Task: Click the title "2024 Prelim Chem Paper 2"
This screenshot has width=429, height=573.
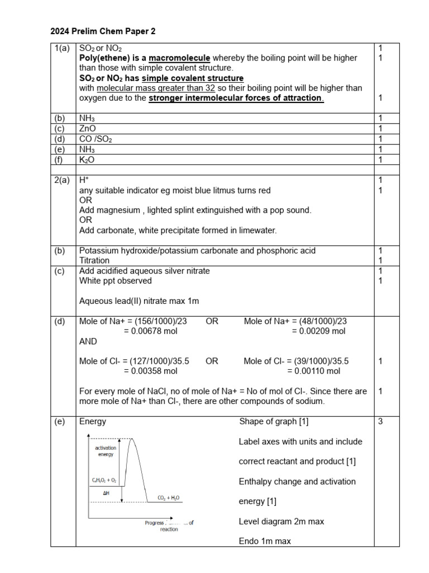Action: [x=103, y=31]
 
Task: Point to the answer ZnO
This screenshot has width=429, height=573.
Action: [x=88, y=129]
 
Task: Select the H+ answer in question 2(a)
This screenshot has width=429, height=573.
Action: [x=84, y=180]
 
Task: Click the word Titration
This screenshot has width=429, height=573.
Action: [x=94, y=261]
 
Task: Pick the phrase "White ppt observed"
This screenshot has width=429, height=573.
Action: [x=115, y=281]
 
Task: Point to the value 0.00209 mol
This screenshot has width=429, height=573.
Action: [x=318, y=331]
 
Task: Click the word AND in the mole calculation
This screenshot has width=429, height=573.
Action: [x=88, y=341]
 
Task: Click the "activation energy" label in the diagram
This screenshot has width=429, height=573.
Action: [x=106, y=452]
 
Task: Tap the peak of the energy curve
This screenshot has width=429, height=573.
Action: [x=132, y=440]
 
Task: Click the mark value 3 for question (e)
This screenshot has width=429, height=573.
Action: [x=380, y=421]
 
